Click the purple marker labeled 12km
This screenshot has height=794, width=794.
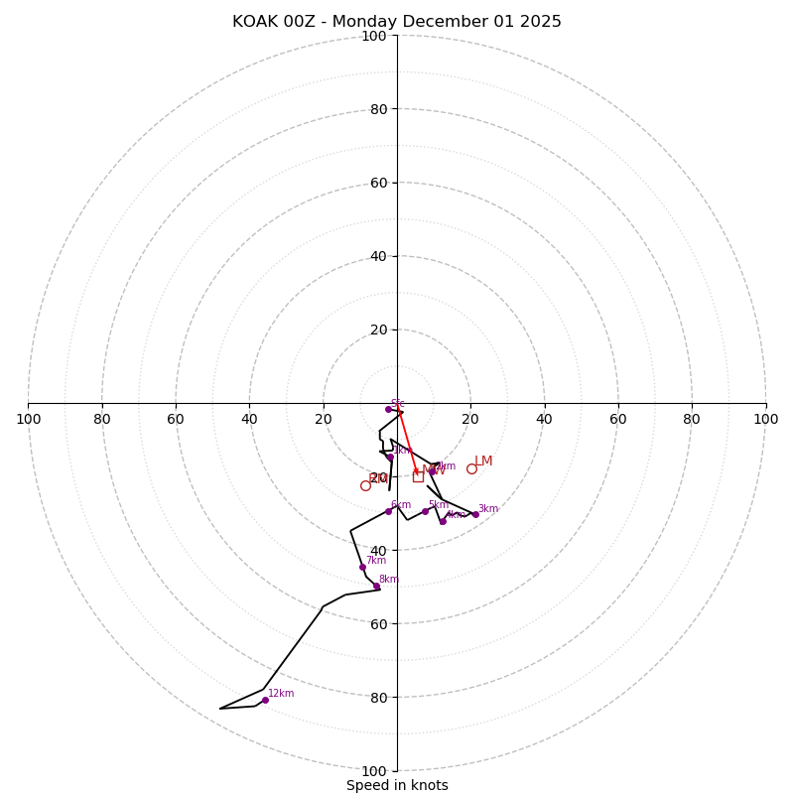pyautogui.click(x=265, y=700)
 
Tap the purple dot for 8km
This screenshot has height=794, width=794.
pyautogui.click(x=376, y=586)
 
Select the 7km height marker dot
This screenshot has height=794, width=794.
pyautogui.click(x=362, y=567)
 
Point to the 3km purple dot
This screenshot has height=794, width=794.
pyautogui.click(x=475, y=514)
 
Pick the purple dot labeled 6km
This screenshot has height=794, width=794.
pyautogui.click(x=388, y=511)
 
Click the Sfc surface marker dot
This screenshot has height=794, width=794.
pyautogui.click(x=388, y=409)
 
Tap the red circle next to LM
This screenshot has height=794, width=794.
pyautogui.click(x=471, y=468)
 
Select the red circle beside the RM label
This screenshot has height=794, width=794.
pyautogui.click(x=365, y=485)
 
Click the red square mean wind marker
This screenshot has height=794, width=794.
pyautogui.click(x=418, y=476)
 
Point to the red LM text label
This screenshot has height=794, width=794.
pyautogui.click(x=483, y=462)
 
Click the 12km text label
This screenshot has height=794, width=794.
pyautogui.click(x=281, y=693)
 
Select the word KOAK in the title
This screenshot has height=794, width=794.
pyautogui.click(x=255, y=22)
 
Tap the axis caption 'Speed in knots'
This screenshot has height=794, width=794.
pyautogui.click(x=397, y=785)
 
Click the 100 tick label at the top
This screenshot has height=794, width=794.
pyautogui.click(x=374, y=36)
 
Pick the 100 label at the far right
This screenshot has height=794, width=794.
pyautogui.click(x=765, y=419)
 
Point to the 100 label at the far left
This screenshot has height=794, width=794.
pyautogui.click(x=29, y=419)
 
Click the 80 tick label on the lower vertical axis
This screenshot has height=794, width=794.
pyautogui.click(x=378, y=697)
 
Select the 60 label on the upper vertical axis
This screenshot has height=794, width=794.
pyautogui.click(x=378, y=183)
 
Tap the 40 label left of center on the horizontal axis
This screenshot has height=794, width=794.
pyautogui.click(x=249, y=419)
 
